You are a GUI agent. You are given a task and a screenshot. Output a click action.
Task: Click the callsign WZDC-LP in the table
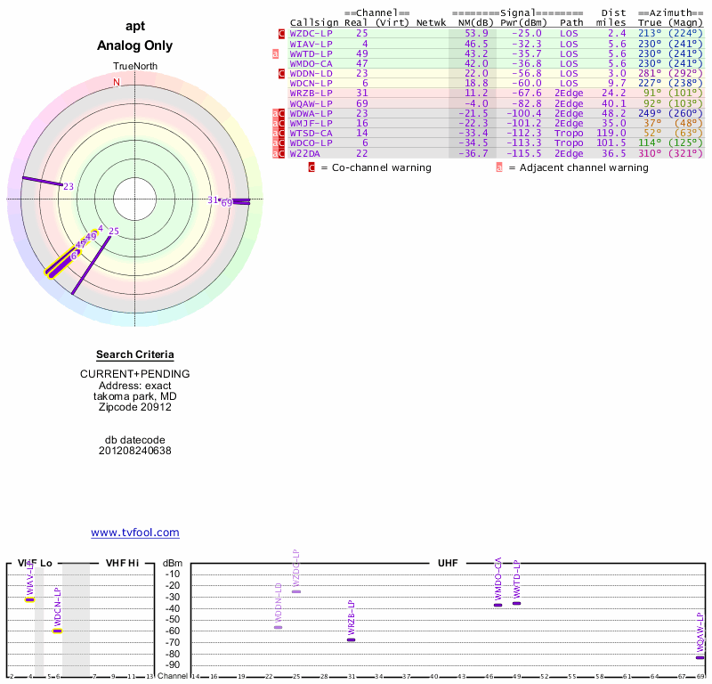click(x=311, y=33)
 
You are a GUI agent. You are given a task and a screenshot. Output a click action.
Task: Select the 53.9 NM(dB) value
click(x=475, y=33)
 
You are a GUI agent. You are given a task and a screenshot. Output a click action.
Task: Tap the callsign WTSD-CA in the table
click(x=311, y=133)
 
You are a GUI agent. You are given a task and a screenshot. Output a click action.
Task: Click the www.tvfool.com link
click(x=135, y=533)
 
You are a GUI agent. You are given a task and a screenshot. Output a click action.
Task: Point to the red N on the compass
click(x=116, y=83)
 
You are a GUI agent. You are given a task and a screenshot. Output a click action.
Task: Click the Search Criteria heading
click(x=135, y=355)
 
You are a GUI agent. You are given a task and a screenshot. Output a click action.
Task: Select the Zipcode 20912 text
click(x=135, y=407)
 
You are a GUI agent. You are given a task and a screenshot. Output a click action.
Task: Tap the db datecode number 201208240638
click(x=135, y=451)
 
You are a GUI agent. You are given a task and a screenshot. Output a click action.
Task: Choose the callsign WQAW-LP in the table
click(x=311, y=103)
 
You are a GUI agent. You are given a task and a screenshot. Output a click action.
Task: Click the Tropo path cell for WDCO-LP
click(x=570, y=142)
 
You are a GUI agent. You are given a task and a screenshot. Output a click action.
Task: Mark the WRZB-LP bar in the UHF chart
click(x=351, y=639)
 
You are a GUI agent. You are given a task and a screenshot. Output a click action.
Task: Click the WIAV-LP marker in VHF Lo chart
click(x=29, y=599)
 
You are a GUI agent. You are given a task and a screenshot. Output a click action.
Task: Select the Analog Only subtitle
click(x=135, y=45)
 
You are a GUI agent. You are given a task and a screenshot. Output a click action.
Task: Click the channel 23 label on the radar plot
click(x=69, y=186)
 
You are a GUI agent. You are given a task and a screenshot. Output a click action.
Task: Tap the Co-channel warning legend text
click(x=376, y=167)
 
